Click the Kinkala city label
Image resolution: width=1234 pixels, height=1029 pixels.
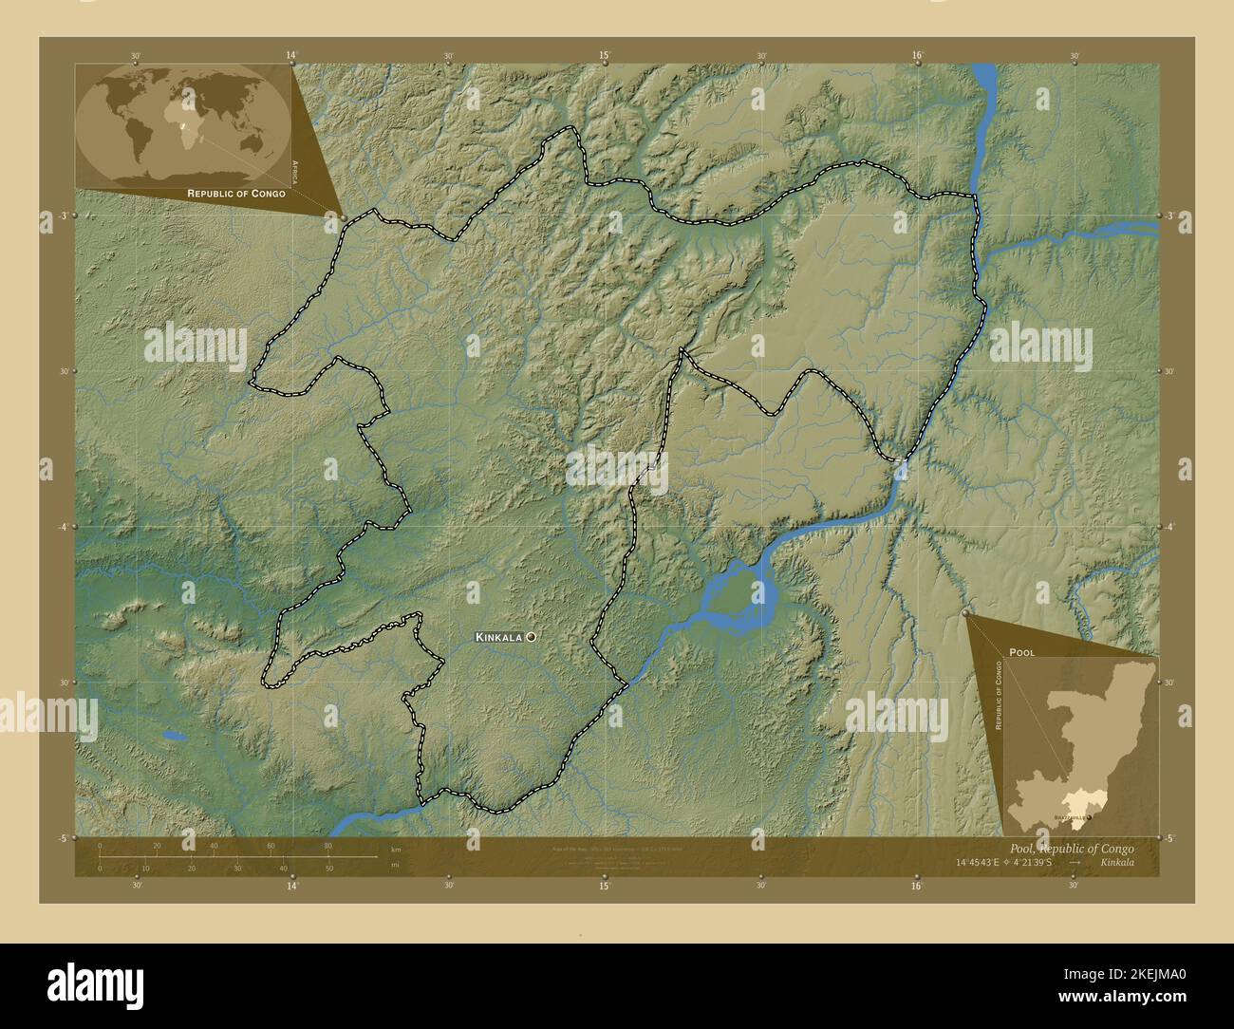(x=498, y=638)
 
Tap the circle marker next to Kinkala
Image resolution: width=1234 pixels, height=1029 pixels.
(x=531, y=638)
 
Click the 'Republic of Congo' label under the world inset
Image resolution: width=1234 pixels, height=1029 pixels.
(x=236, y=193)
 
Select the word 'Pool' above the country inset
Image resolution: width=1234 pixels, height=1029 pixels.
(x=1022, y=653)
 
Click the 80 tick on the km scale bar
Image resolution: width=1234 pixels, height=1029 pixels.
(x=327, y=846)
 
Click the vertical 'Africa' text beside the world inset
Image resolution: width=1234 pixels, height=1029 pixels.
(x=295, y=172)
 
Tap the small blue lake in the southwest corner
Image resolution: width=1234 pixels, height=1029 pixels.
(x=173, y=735)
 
